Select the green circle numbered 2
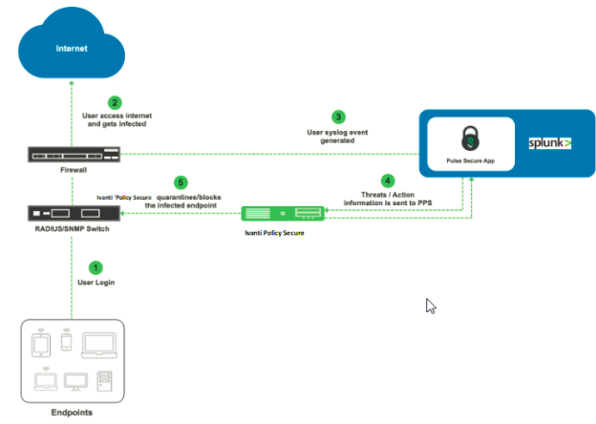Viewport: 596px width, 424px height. pos(115,102)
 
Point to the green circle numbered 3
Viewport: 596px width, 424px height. pos(338,117)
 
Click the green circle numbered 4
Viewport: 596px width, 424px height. pos(387,180)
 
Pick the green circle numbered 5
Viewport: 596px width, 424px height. pos(179,181)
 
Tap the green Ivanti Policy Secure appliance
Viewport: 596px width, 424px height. pos(282,215)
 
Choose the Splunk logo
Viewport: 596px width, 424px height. pos(549,142)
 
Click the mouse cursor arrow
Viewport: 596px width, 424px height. pos(431,307)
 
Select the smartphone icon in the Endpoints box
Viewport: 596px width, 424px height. pos(65,340)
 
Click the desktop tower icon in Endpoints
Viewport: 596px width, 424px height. pos(105,382)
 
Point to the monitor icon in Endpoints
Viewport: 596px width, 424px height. pos(75,382)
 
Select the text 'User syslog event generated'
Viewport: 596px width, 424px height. pos(337,136)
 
